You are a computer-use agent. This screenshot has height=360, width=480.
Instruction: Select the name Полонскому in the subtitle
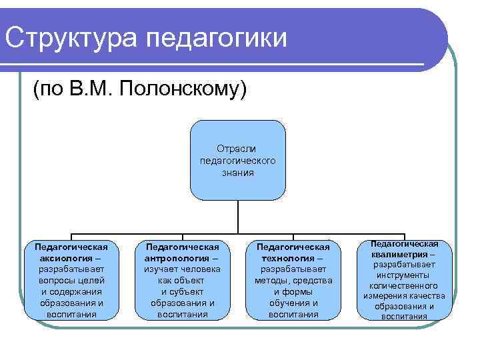pyautogui.click(x=184, y=88)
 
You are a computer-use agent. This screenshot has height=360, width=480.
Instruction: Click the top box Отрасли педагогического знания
pyautogui.click(x=238, y=160)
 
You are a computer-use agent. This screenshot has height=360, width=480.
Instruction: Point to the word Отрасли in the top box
pyautogui.click(x=237, y=149)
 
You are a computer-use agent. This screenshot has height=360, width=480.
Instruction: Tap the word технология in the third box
pyautogui.click(x=289, y=257)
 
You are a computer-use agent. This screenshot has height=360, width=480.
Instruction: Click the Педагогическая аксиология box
pyautogui.click(x=71, y=280)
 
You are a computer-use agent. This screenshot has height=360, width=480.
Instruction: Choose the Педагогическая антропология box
pyautogui.click(x=183, y=280)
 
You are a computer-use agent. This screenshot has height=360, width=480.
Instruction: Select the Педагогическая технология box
pyautogui.click(x=293, y=280)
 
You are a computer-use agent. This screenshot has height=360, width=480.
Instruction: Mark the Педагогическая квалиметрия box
pyautogui.click(x=404, y=280)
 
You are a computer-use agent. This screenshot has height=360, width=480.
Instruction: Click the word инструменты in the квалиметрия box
pyautogui.click(x=404, y=275)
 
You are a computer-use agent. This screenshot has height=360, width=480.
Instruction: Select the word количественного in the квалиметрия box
pyautogui.click(x=404, y=285)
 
